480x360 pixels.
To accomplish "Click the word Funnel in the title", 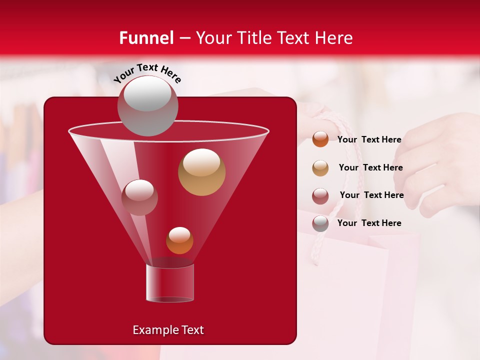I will point(146,38).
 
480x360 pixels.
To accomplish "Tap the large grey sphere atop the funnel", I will point(147,105).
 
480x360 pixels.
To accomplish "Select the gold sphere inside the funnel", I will point(201,171).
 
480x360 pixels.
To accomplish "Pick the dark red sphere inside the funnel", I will point(139,197).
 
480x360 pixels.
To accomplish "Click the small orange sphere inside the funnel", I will point(179,240).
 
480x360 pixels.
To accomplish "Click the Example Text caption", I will point(168,330).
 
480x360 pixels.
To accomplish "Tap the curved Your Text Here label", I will point(147,72).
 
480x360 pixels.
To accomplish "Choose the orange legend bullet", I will point(320,139).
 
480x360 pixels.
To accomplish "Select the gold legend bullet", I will point(320,168).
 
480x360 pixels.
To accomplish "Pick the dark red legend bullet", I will point(320,196).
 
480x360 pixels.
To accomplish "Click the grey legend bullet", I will point(320,223).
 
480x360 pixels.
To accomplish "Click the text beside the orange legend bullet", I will point(369,140).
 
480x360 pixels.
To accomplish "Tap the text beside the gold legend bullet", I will point(370,167).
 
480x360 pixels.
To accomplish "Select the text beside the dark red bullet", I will point(371,195).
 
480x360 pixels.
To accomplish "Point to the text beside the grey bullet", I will point(369,223).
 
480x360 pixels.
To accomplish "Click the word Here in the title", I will point(335,38).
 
